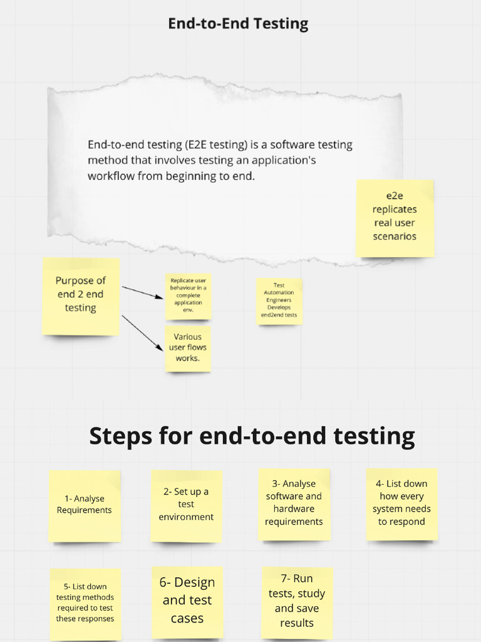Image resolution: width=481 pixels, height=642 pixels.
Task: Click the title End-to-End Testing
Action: pyautogui.click(x=238, y=24)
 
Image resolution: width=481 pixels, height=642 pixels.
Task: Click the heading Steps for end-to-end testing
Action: pyautogui.click(x=252, y=436)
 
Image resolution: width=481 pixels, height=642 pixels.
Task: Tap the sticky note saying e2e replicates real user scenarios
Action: pyautogui.click(x=395, y=218)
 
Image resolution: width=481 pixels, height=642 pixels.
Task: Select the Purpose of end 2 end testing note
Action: pyautogui.click(x=81, y=297)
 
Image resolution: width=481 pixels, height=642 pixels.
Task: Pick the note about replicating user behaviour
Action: pyautogui.click(x=188, y=297)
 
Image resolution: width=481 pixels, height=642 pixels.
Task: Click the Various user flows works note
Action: pyautogui.click(x=188, y=349)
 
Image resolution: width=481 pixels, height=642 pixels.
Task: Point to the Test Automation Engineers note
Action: pyautogui.click(x=279, y=302)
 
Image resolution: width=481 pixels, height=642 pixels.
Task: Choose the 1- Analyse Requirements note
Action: pyautogui.click(x=85, y=506)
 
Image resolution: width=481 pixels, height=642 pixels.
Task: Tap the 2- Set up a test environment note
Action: pyautogui.click(x=187, y=506)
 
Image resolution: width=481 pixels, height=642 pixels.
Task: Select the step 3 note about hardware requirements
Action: pyautogui.click(x=294, y=505)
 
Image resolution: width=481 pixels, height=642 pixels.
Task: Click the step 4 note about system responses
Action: pyautogui.click(x=401, y=505)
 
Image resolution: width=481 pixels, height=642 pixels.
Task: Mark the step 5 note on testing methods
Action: pyautogui.click(x=85, y=604)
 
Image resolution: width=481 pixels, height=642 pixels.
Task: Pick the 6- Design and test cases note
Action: pyautogui.click(x=187, y=603)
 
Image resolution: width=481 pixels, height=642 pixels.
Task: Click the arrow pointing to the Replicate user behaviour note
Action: pyautogui.click(x=143, y=292)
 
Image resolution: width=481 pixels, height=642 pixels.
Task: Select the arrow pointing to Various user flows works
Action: pyautogui.click(x=143, y=332)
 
